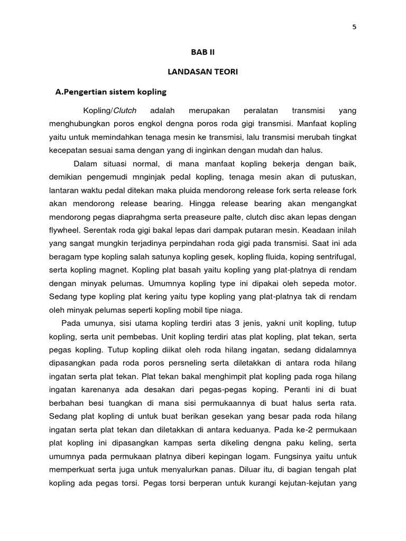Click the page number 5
(354, 28)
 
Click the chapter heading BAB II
(203, 52)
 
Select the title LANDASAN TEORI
(203, 72)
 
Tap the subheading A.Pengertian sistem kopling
(111, 92)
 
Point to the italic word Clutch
(125, 111)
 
